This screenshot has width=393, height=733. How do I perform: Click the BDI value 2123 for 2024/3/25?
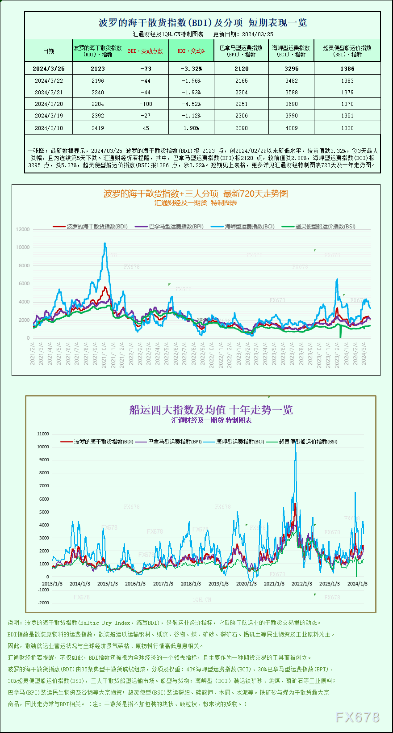[x=97, y=68]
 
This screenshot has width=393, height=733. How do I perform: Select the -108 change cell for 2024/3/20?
[x=146, y=104]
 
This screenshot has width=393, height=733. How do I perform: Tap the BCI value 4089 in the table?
[x=291, y=128]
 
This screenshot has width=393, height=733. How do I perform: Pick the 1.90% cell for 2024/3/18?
[x=191, y=128]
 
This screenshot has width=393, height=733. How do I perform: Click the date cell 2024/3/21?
[x=49, y=92]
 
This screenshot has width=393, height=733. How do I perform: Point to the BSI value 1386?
[x=347, y=68]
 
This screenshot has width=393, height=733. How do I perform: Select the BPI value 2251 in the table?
[x=241, y=104]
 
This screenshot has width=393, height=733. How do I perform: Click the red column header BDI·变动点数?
[x=146, y=51]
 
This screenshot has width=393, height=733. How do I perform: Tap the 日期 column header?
[x=49, y=51]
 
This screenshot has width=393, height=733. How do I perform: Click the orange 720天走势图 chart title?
[x=196, y=194]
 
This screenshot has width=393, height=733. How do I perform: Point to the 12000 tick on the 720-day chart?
[x=23, y=229]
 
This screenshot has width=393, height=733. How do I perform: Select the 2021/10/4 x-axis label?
[x=104, y=354]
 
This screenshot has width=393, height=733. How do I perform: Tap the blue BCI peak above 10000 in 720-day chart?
[x=105, y=244]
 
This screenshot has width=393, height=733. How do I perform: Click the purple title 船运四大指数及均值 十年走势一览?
[x=211, y=409]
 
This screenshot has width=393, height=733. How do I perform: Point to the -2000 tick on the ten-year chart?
[x=43, y=602]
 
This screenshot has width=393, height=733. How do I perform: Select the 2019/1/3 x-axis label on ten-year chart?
[x=218, y=584]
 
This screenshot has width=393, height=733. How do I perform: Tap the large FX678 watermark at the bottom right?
[x=357, y=717]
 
